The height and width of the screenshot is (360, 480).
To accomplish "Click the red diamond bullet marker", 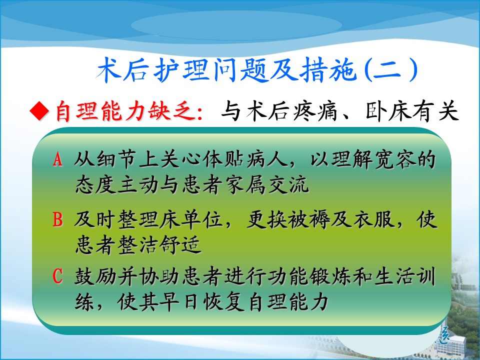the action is (39, 110).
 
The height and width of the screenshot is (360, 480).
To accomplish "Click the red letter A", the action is (57, 159).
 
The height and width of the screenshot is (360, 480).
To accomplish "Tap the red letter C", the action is (57, 276).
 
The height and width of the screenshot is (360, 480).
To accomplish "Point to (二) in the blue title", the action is (391, 70).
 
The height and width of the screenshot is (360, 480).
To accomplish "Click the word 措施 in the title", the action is (328, 70).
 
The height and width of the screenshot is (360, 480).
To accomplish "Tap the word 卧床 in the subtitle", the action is (387, 111).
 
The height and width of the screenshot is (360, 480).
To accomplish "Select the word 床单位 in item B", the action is (191, 220).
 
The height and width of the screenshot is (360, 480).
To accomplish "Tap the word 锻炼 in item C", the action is (329, 276).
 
